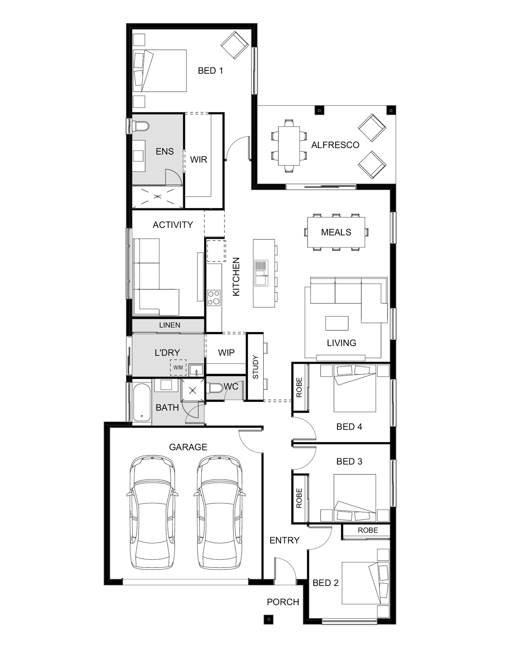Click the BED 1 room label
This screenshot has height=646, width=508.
tap(210, 71)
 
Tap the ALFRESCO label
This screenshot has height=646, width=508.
tap(335, 145)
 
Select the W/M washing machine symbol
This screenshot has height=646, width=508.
tap(178, 367)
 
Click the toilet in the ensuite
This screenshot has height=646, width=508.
tap(140, 126)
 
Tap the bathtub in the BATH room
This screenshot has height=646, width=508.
tap(142, 403)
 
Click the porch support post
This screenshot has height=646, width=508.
tap(269, 619)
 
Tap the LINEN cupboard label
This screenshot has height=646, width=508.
tap(170, 325)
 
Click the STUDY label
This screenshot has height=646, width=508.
tap(255, 367)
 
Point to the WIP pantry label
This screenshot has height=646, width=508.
tap(226, 353)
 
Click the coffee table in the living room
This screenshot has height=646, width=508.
tap(337, 323)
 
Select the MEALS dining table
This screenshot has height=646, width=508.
tap(336, 232)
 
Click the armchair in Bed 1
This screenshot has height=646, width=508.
tap(235, 46)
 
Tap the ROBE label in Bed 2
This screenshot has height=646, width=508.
tap(367, 530)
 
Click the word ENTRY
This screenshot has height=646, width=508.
tap(284, 540)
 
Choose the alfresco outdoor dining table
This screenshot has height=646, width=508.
tap(289, 146)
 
